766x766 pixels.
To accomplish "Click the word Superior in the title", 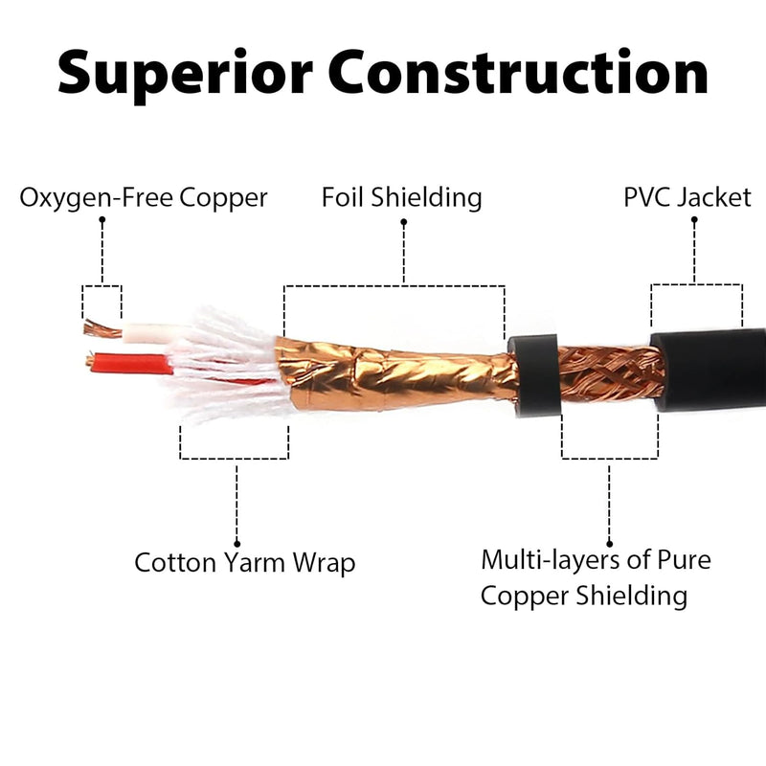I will point(188,74).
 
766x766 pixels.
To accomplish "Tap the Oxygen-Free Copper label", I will point(144,198).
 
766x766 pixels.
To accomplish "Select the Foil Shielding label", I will point(401,198).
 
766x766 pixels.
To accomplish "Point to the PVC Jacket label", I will point(687,198).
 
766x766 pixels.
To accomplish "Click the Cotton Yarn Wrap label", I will point(244,562).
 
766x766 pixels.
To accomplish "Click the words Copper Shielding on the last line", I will point(584,596).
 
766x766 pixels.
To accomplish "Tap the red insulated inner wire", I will point(129,364).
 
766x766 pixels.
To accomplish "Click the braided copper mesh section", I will point(608,373).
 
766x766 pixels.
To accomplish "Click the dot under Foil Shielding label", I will point(403,222).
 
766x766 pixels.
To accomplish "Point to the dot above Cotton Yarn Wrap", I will point(236,543).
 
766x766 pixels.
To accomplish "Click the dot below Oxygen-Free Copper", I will point(101,220).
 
